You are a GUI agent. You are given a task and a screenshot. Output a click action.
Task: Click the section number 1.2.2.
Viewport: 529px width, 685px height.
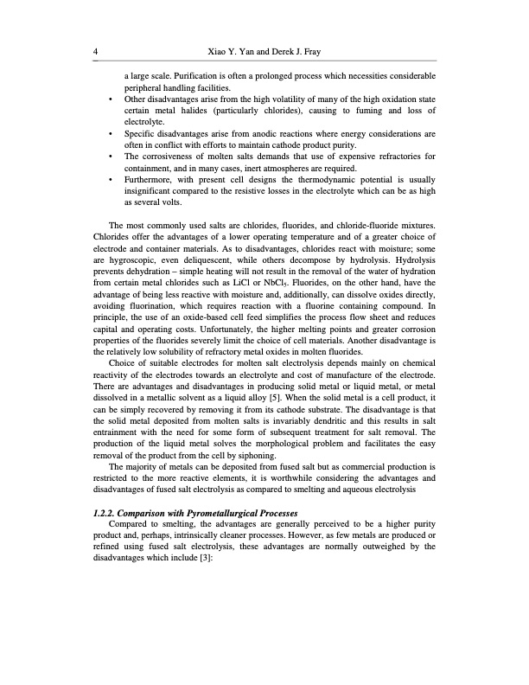tap(106, 514)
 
